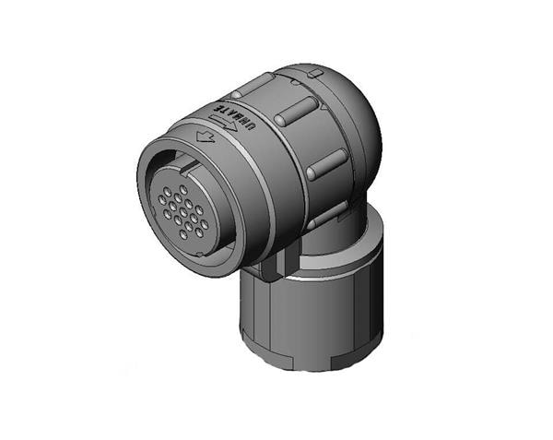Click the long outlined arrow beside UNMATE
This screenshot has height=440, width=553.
coord(222,122)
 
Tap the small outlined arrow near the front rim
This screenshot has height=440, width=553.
coord(206,137)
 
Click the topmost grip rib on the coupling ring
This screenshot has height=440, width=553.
coord(253,85)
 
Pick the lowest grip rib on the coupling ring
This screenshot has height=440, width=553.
coord(328,215)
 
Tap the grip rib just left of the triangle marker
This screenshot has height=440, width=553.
coord(296,111)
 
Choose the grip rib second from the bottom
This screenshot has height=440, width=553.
coord(327,163)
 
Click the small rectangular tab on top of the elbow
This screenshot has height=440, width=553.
coord(315,74)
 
